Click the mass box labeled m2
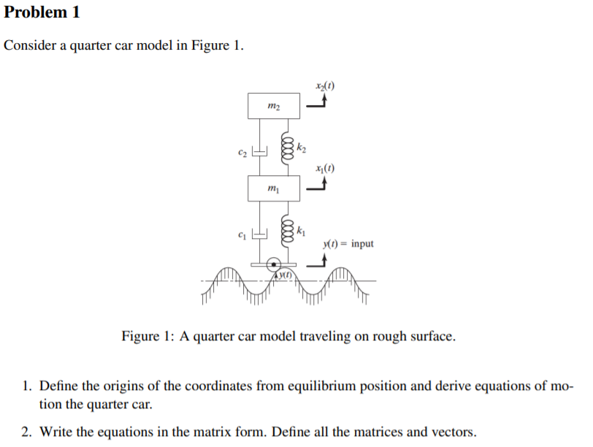pos(273,106)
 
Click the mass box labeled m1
pos(273,188)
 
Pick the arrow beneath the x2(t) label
pos(317,103)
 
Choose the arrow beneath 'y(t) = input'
pos(317,263)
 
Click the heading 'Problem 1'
pos(42,12)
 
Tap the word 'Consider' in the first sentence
pos(28,45)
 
